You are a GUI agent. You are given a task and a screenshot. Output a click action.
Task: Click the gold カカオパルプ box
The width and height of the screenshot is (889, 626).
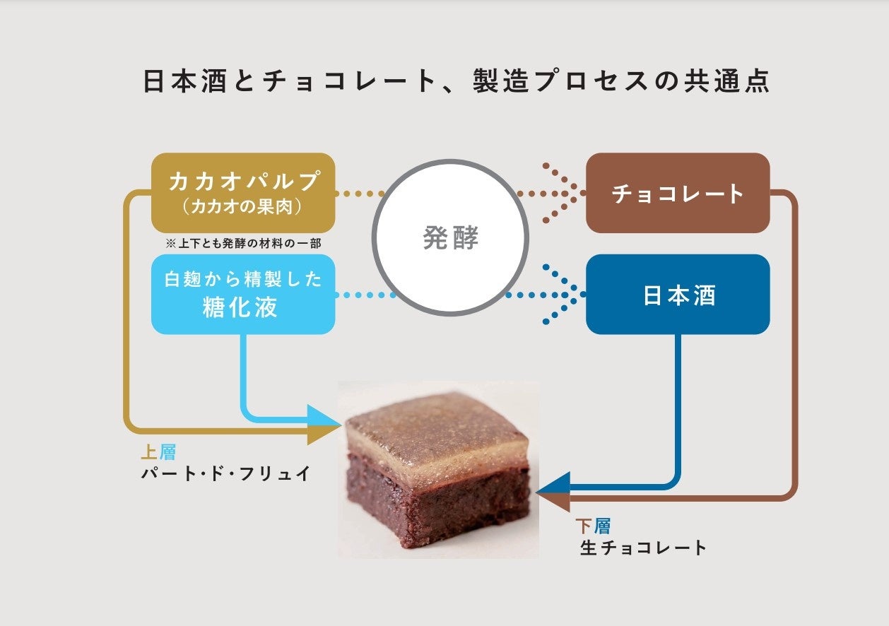point(243,192)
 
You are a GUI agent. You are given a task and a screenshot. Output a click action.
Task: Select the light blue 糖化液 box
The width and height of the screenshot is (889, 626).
point(243,294)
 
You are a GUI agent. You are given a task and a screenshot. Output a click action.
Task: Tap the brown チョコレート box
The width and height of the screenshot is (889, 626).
point(678,193)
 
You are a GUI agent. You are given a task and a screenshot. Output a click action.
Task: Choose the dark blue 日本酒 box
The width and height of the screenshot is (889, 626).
point(678,295)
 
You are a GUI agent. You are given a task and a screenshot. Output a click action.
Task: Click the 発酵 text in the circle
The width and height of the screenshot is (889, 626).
point(450,239)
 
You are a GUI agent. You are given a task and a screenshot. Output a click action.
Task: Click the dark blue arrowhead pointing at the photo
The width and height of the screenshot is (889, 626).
point(553,485)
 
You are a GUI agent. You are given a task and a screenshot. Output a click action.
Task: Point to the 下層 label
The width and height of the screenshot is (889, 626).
point(593,526)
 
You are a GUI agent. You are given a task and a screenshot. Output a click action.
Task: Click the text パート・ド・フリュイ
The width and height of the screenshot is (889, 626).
point(226,473)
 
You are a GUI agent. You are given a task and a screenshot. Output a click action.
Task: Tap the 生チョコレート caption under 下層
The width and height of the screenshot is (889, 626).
point(643,548)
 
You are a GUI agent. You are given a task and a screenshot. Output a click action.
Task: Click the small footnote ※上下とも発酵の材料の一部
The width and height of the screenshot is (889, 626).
point(243,243)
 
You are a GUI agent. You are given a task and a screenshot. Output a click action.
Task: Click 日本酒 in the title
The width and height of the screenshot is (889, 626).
point(182,81)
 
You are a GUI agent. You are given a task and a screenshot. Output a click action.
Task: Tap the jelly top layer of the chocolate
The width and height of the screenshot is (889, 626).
point(438,431)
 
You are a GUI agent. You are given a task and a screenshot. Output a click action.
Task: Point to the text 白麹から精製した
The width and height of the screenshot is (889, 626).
point(243,279)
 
